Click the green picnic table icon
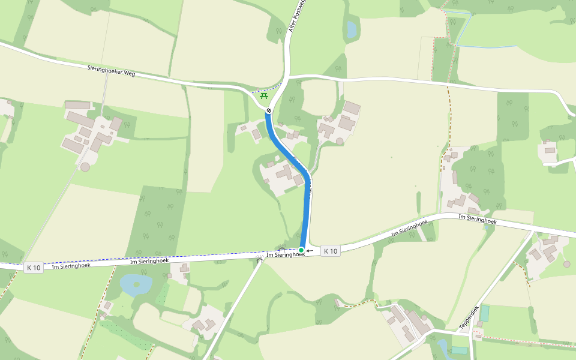263,96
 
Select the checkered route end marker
269,110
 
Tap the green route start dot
301,250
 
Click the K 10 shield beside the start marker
330,251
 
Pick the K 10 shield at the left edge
34,268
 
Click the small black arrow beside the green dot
310,250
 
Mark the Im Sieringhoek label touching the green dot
285,254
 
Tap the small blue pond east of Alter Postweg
351,29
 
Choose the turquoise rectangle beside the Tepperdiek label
484,313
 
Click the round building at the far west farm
85,167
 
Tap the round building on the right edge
567,263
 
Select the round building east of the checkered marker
340,141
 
